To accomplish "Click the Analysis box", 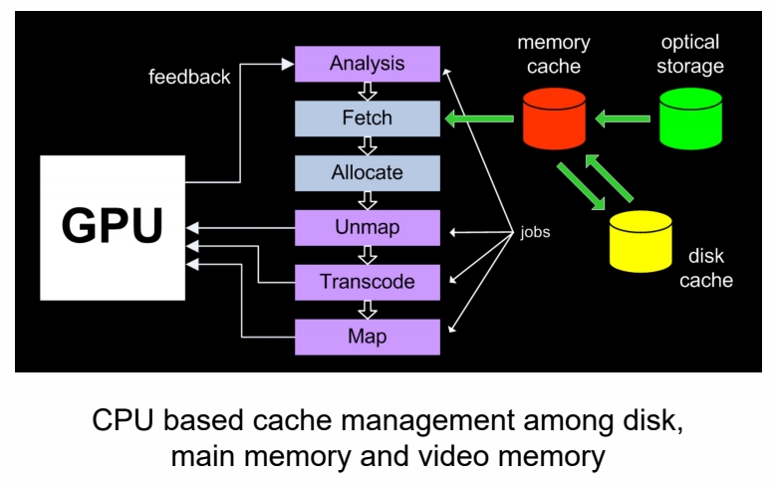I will point(368,64).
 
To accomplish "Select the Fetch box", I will point(368,119).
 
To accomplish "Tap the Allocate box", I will point(368,173).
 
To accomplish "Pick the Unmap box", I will point(368,227).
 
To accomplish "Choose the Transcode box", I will point(368,282).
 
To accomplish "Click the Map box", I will point(368,337).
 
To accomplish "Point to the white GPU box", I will point(112,228).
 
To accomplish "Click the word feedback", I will point(189,77).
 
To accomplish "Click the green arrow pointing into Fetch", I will point(480,121).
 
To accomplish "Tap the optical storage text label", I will point(692,55).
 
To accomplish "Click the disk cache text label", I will point(705,268).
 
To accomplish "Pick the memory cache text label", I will point(553,55).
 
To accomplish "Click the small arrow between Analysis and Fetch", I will point(368,92).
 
